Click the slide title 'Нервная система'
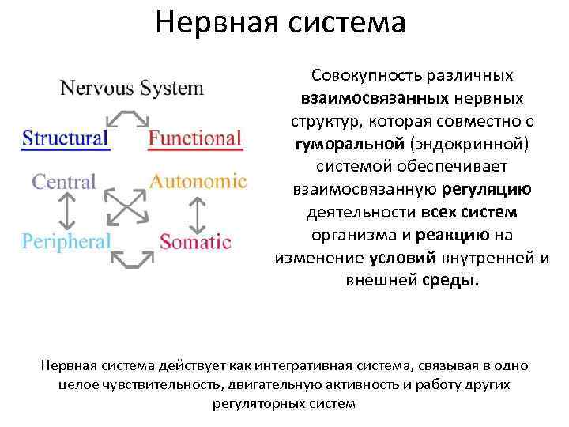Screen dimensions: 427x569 click(281, 22)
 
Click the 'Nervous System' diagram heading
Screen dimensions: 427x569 click(132, 88)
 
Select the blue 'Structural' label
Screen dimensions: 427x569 click(65, 138)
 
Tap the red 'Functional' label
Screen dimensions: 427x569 click(194, 138)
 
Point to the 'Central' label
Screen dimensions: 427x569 click(63, 182)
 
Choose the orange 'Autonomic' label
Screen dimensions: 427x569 click(198, 181)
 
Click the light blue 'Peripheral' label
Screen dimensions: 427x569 click(66, 240)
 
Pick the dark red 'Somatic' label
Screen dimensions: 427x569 click(195, 241)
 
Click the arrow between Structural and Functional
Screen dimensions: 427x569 click(128, 118)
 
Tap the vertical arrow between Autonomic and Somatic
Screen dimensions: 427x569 click(194, 211)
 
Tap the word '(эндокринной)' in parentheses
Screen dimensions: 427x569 click(463, 146)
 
